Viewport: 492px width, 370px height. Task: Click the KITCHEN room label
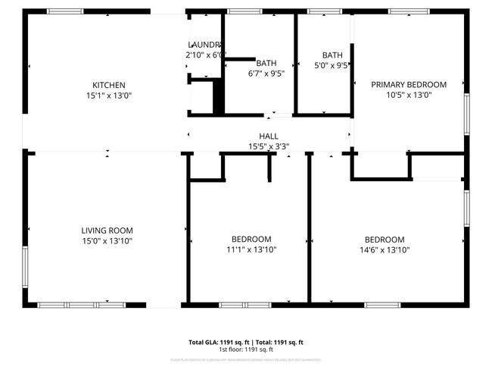point(108,85)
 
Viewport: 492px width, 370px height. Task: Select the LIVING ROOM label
point(107,230)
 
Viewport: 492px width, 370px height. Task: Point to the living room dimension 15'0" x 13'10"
point(107,241)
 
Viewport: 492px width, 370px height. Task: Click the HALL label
point(269,136)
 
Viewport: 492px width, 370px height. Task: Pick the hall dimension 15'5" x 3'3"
point(269,146)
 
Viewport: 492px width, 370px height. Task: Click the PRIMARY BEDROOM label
point(408,85)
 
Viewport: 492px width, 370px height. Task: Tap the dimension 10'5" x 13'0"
point(408,96)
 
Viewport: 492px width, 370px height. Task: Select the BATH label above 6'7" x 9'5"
point(266,64)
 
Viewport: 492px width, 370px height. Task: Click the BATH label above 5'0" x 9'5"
point(332,55)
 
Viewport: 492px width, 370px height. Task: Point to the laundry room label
point(204,45)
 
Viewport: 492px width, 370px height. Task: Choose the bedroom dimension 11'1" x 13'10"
point(252,249)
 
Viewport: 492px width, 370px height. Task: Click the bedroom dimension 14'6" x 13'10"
point(385,249)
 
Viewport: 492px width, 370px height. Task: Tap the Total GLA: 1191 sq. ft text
point(219,342)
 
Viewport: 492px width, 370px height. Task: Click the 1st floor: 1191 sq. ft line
point(246,350)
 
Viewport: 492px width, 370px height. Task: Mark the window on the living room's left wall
point(25,265)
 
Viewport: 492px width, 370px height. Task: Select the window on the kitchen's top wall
point(65,11)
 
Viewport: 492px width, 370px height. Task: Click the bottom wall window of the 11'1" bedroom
point(239,305)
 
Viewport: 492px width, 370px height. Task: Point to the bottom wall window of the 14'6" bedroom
point(383,305)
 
